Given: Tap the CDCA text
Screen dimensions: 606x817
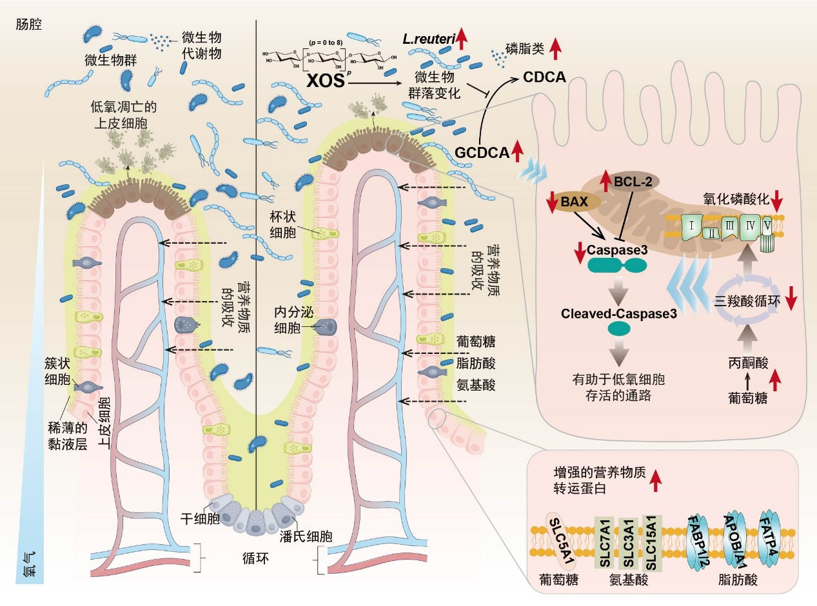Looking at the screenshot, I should [x=545, y=77].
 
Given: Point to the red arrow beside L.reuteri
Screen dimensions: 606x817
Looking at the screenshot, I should [x=461, y=40].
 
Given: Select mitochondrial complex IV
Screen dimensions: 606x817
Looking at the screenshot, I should [x=752, y=227].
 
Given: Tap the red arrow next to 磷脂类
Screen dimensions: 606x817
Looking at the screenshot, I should [x=556, y=49].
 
